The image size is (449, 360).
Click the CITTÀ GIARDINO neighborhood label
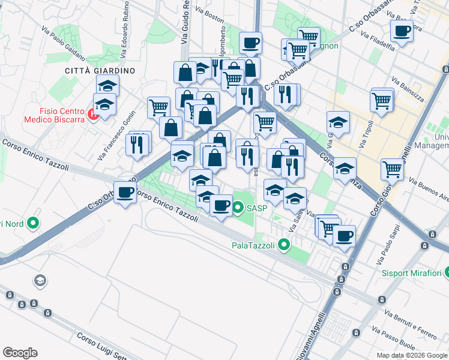point(100,71)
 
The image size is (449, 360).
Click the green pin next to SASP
point(238,208)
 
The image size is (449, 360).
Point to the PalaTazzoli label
point(253,245)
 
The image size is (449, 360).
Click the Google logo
point(20,353)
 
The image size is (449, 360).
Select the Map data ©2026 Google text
point(412,355)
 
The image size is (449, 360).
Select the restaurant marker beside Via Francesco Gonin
point(137,144)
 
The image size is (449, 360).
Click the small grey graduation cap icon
point(40,281)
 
